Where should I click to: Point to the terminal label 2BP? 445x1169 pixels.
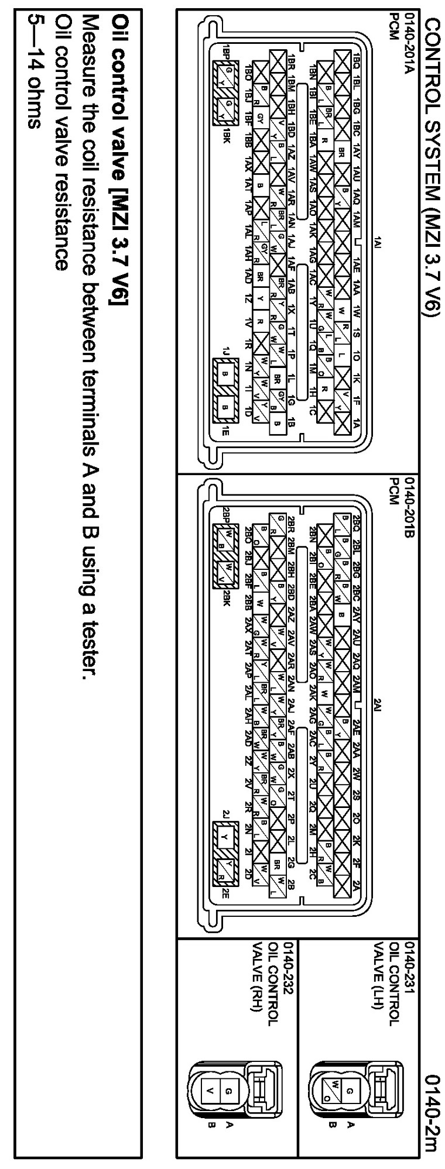(x=226, y=515)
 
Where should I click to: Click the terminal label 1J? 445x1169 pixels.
(x=226, y=352)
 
